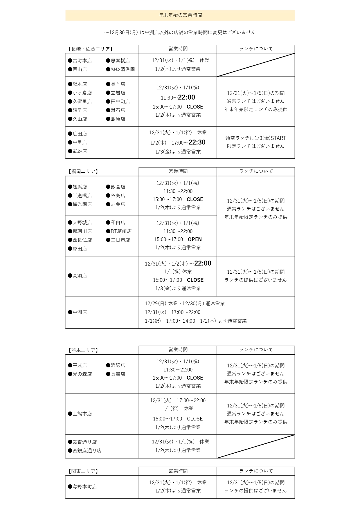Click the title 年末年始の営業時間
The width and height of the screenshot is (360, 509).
click(x=180, y=15)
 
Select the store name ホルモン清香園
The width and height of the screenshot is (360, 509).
click(x=122, y=69)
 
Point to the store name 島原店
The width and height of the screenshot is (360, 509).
click(x=118, y=119)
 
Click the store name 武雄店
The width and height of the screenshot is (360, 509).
click(x=80, y=151)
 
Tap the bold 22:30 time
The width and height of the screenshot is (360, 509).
click(x=197, y=142)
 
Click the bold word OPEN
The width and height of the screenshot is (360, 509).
click(x=195, y=239)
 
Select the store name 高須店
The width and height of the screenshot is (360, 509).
click(x=80, y=276)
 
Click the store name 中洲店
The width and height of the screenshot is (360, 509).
click(x=80, y=312)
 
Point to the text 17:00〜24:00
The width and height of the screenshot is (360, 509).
click(x=180, y=321)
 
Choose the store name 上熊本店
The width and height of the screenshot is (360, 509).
click(x=82, y=414)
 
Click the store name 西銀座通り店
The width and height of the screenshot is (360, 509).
click(x=87, y=451)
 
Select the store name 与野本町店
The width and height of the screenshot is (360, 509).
click(x=84, y=487)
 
